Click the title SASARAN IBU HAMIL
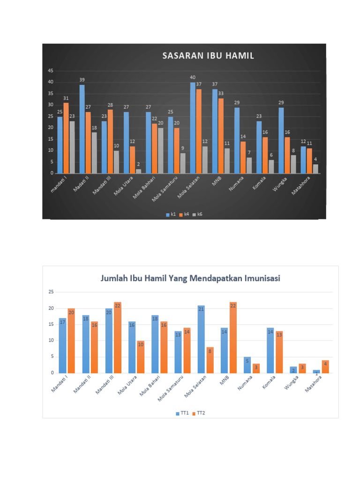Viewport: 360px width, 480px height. point(208,56)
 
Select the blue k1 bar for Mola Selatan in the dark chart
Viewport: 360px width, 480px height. point(193,127)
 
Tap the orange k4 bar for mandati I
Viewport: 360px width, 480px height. point(66,138)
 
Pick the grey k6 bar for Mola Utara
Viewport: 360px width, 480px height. point(138,171)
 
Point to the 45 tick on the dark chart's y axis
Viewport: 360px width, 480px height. point(50,71)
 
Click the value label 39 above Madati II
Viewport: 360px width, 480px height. point(82,80)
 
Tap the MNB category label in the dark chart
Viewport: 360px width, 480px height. point(216,181)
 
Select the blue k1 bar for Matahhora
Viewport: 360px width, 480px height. point(303,160)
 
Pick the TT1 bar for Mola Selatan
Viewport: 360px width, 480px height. point(201,339)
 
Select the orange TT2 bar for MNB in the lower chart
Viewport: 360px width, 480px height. point(233,337)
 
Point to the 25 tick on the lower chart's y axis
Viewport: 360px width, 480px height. point(51,292)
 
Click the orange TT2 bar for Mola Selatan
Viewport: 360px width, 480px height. point(210,360)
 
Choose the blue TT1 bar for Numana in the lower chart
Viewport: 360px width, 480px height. point(247,365)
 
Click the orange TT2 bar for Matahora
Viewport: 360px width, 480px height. point(325,367)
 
